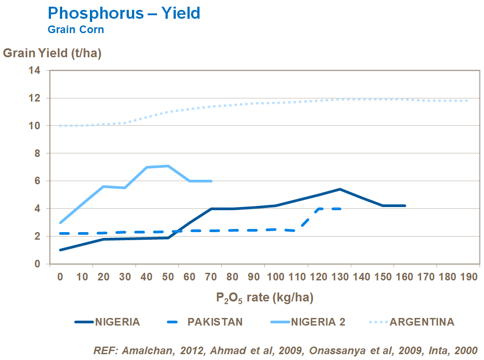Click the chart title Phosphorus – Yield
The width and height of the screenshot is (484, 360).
click(124, 13)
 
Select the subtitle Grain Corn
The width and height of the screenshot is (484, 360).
click(76, 30)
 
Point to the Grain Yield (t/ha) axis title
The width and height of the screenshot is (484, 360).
click(52, 53)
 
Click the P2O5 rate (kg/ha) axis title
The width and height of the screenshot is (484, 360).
click(264, 297)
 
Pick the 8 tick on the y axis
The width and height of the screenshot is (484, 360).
click(38, 153)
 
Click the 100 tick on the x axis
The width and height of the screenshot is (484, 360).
click(275, 277)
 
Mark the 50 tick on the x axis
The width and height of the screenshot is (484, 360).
click(168, 277)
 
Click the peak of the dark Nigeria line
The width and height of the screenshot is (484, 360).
click(340, 189)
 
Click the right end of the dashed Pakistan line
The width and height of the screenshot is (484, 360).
click(340, 208)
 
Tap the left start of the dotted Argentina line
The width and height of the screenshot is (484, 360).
click(60, 126)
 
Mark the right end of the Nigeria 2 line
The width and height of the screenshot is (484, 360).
click(211, 181)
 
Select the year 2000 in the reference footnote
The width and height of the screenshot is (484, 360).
click(466, 350)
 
